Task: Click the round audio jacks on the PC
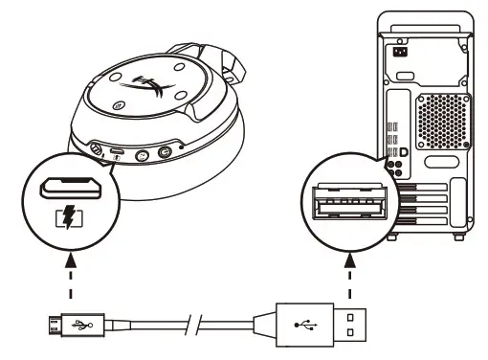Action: [390, 165]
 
